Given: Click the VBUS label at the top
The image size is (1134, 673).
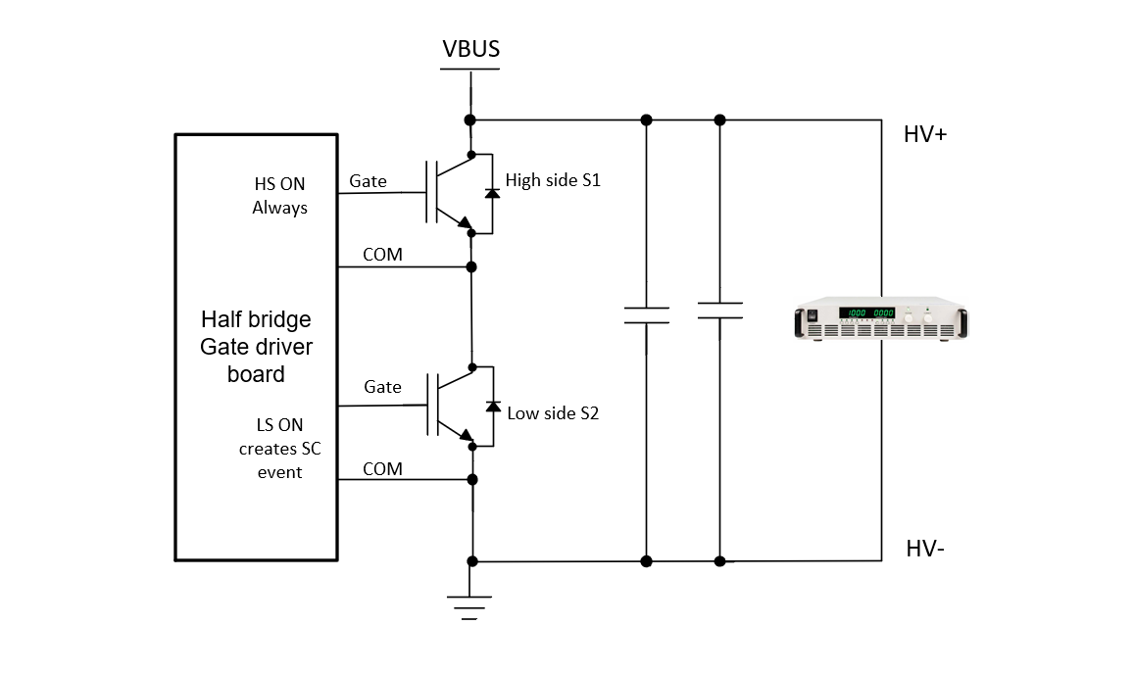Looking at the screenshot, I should (470, 50).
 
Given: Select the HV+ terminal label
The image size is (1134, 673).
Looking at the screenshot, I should (924, 135).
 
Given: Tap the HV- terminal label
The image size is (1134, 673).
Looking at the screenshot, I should (924, 549).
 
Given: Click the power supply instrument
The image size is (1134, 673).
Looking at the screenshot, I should (879, 321).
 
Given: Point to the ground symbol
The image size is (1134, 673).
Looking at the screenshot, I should (471, 607).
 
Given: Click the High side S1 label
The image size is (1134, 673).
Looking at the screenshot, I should (552, 180).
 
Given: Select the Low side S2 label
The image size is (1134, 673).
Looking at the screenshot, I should (552, 413).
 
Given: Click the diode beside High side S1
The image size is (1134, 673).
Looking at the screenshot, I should (492, 193).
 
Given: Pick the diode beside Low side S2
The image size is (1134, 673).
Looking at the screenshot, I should (492, 406).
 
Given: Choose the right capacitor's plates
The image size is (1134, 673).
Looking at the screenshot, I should (719, 311).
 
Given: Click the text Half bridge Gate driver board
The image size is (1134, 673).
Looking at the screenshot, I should (256, 347).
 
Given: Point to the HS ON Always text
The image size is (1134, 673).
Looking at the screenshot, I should (279, 196).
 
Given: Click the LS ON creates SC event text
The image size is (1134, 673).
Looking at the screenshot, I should (279, 449).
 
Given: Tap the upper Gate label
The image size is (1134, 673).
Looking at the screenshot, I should (369, 181).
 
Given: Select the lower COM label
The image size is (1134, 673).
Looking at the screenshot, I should (382, 469).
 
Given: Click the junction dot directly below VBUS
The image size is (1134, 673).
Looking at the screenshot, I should (471, 120).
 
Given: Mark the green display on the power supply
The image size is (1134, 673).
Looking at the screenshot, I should (866, 313).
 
